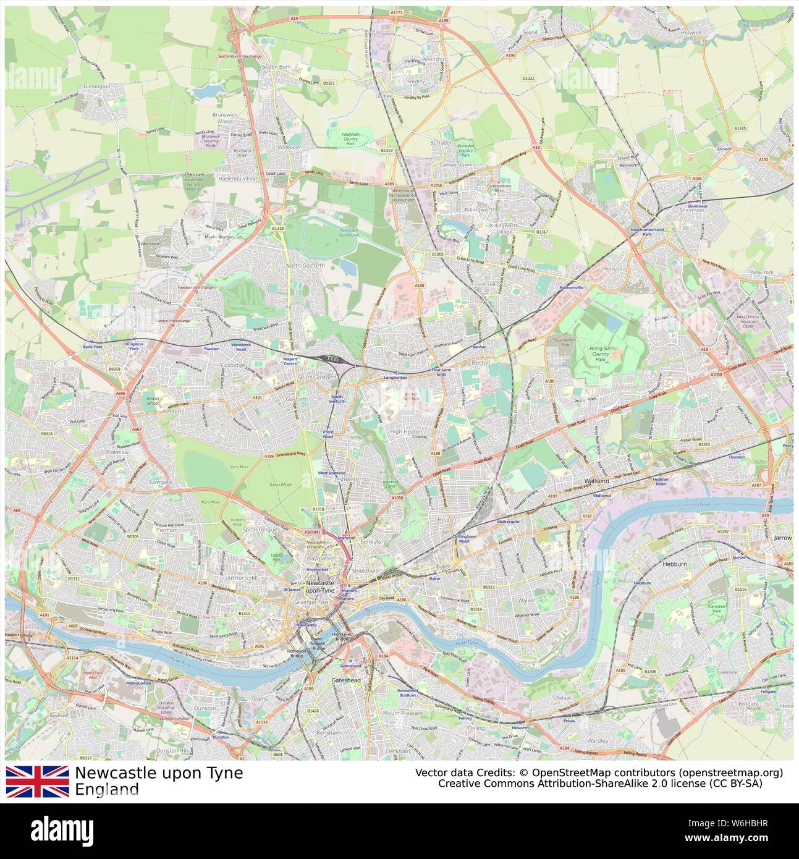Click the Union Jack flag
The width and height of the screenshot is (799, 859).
(37, 781)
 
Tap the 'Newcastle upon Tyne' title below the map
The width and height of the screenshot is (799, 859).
(159, 773)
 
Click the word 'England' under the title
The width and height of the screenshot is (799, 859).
(106, 789)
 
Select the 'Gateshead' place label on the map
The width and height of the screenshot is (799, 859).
(345, 680)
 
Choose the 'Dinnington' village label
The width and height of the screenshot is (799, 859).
(96, 87)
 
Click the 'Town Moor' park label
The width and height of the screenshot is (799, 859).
(279, 485)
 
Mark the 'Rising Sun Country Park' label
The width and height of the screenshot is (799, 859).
(600, 353)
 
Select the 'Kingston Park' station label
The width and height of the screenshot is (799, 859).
(133, 346)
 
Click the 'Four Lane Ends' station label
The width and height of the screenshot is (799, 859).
(441, 372)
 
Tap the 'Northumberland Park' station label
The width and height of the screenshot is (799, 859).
(646, 232)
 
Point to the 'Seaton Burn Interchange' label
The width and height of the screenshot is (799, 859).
(239, 56)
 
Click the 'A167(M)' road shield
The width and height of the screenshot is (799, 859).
(313, 531)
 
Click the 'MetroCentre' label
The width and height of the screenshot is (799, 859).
(138, 683)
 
